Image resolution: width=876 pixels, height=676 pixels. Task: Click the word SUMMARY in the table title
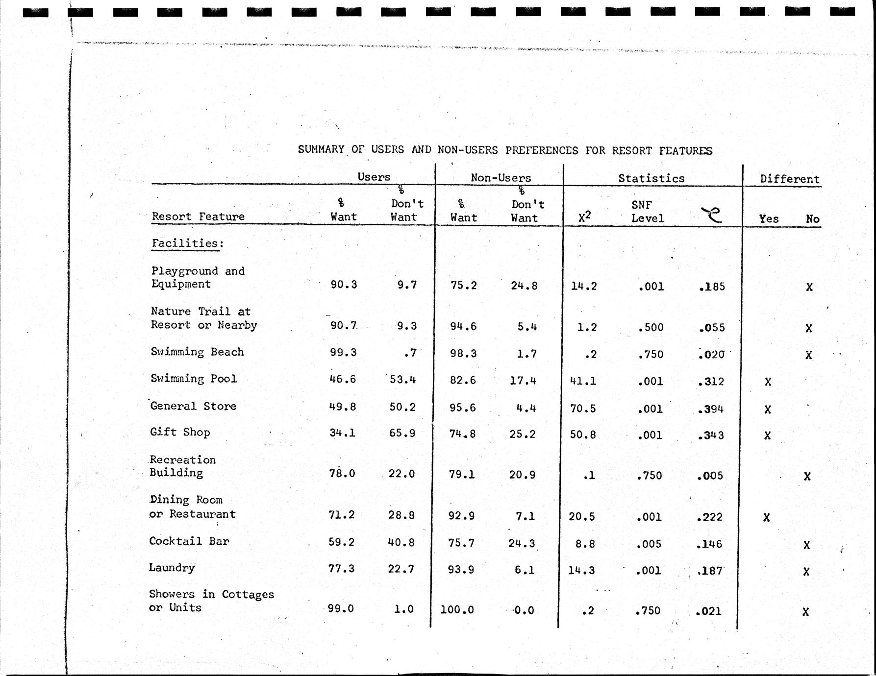(x=321, y=149)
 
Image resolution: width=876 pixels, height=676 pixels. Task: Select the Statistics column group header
(x=651, y=178)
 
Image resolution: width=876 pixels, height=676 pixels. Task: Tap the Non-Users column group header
(x=501, y=178)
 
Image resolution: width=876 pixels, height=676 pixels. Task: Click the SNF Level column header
(x=647, y=212)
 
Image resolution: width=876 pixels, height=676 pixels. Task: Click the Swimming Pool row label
(x=194, y=379)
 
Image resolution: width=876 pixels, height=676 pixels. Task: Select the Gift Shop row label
(x=180, y=433)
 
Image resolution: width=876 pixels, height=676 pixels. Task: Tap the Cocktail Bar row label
(x=189, y=541)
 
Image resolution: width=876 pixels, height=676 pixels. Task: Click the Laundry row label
(x=172, y=568)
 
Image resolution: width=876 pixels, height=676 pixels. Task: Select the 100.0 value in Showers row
(x=457, y=610)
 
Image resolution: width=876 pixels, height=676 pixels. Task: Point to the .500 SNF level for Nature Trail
(x=651, y=327)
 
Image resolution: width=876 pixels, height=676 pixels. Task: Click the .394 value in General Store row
(x=711, y=409)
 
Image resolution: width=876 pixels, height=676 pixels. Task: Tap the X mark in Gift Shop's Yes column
(x=768, y=435)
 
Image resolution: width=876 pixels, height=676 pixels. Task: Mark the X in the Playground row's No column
(x=809, y=287)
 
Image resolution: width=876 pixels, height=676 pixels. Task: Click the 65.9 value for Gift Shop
(x=402, y=434)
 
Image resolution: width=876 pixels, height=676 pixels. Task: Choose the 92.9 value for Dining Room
(x=461, y=516)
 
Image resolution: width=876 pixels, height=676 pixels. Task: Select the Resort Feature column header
(x=198, y=217)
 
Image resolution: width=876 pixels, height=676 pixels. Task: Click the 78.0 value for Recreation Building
(x=342, y=474)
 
